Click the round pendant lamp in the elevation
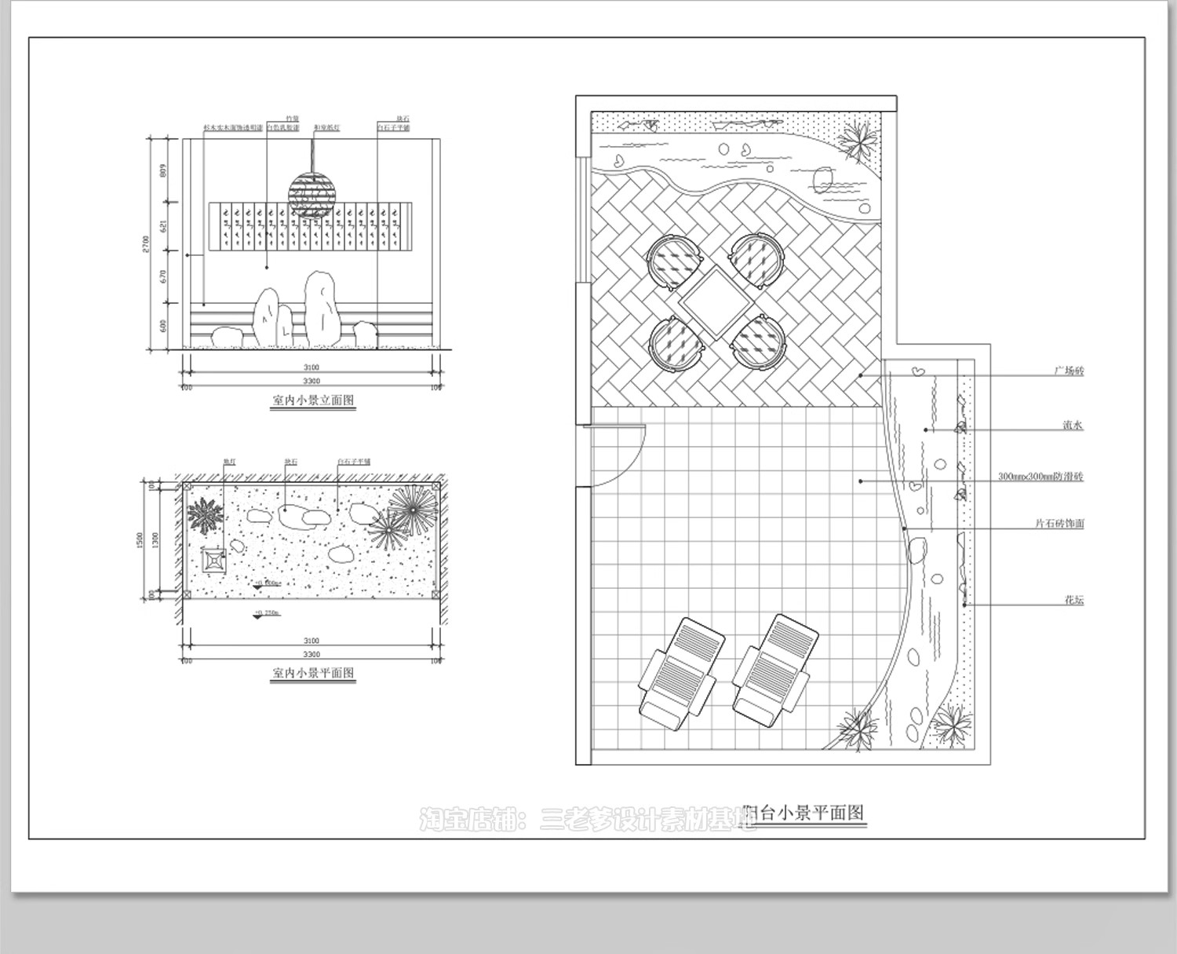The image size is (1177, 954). coord(312,195)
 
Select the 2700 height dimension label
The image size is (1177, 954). coord(145,244)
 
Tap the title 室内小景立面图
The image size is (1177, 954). coord(313,400)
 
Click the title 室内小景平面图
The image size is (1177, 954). coord(313,673)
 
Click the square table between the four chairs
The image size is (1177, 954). coord(716,302)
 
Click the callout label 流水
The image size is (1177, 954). coord(1073,426)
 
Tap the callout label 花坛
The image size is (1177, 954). coord(1073,601)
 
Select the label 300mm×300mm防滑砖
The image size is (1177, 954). coord(1040,477)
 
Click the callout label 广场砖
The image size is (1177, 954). coord(1069,371)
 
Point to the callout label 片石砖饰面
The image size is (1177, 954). coord(1059,524)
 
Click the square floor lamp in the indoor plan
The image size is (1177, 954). coord(214,561)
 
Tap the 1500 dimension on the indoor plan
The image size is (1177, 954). coord(140,540)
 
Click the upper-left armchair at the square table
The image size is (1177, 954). coord(673,261)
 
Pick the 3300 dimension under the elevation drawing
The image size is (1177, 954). coord(312,381)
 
